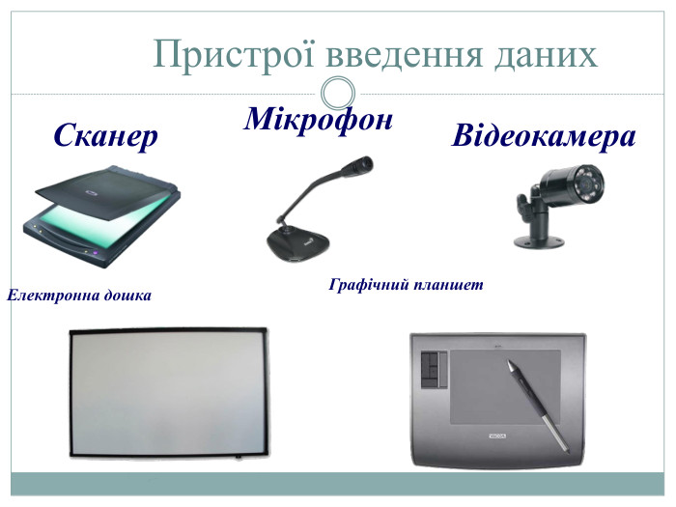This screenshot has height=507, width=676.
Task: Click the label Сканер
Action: (105, 137)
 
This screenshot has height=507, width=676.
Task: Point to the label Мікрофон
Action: (319, 119)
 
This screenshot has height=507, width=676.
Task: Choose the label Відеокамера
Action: (544, 136)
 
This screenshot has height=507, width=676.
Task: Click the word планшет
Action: (447, 286)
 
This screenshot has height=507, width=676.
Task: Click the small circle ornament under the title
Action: (336, 94)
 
